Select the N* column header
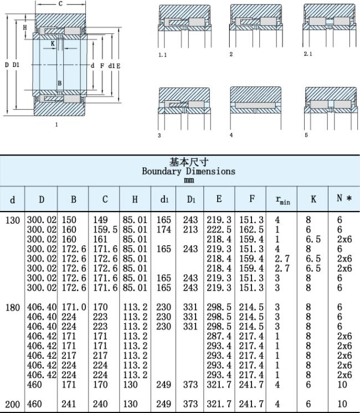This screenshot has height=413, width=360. (344, 198)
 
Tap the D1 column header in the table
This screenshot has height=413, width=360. (191, 199)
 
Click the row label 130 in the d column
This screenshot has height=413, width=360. (13, 220)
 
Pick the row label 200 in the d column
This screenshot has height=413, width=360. (13, 404)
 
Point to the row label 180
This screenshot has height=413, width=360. (13, 307)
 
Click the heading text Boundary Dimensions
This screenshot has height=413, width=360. (188, 172)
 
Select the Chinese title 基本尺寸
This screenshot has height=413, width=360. (189, 162)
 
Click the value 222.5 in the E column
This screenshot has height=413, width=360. (219, 229)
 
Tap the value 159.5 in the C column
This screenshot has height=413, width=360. (105, 229)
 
